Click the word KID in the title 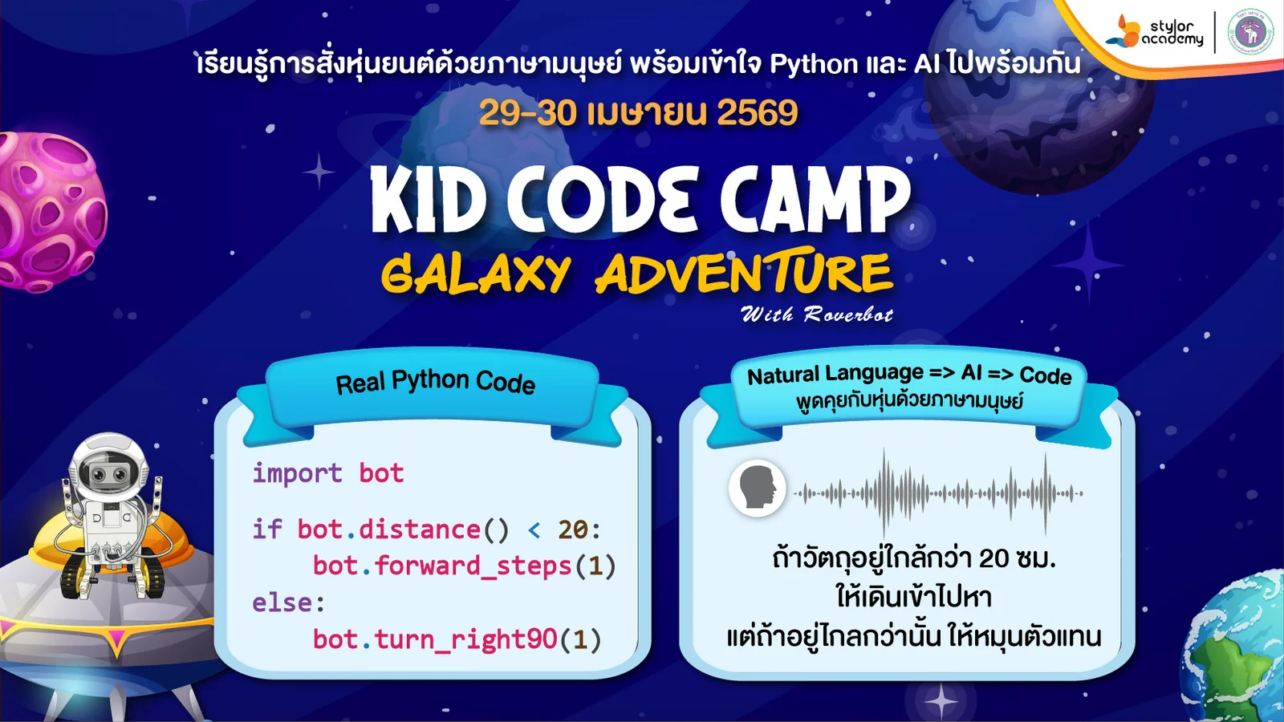pos(428,201)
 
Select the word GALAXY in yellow pos(475,274)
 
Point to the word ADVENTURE pos(743,273)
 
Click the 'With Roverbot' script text pos(816,314)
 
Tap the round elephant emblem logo pos(1250,32)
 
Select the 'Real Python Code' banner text pos(435,382)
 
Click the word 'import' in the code pos(297,473)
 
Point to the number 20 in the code pos(573,529)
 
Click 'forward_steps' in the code pos(473,566)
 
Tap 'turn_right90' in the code pos(465,639)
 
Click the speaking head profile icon pos(757,488)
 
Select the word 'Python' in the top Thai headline pos(814,63)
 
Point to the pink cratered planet pos(48,212)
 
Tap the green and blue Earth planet pos(1240,650)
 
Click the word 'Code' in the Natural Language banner pos(1045,375)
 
